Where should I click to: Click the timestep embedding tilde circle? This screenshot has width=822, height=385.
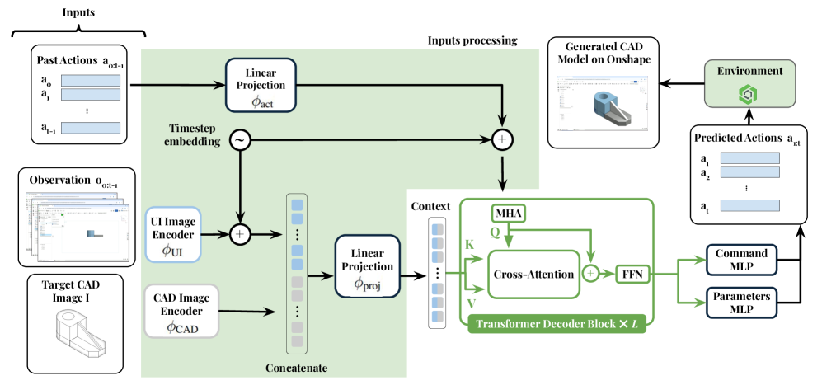pyautogui.click(x=240, y=141)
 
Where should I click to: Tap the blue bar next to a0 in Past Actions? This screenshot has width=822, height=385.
pyautogui.click(x=91, y=81)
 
